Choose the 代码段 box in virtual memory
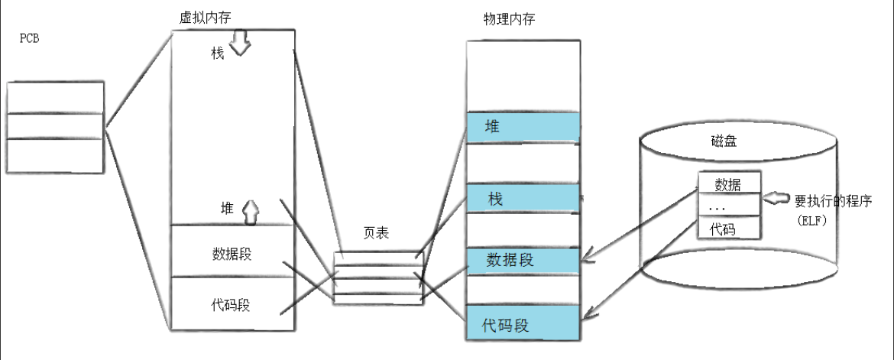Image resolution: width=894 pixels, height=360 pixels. click(232, 305)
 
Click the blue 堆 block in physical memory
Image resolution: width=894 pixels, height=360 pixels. click(523, 128)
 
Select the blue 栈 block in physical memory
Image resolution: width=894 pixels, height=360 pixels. click(523, 199)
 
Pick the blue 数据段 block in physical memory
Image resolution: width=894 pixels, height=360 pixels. click(523, 260)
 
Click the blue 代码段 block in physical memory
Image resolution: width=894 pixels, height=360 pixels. click(523, 325)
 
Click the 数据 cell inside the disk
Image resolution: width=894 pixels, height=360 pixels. click(729, 183)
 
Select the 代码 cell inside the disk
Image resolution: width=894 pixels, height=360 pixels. click(729, 228)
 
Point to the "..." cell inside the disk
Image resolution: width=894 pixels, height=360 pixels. click(729, 206)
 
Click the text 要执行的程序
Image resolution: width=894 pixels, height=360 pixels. click(838, 200)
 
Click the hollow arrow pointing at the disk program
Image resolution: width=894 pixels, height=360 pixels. click(778, 199)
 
